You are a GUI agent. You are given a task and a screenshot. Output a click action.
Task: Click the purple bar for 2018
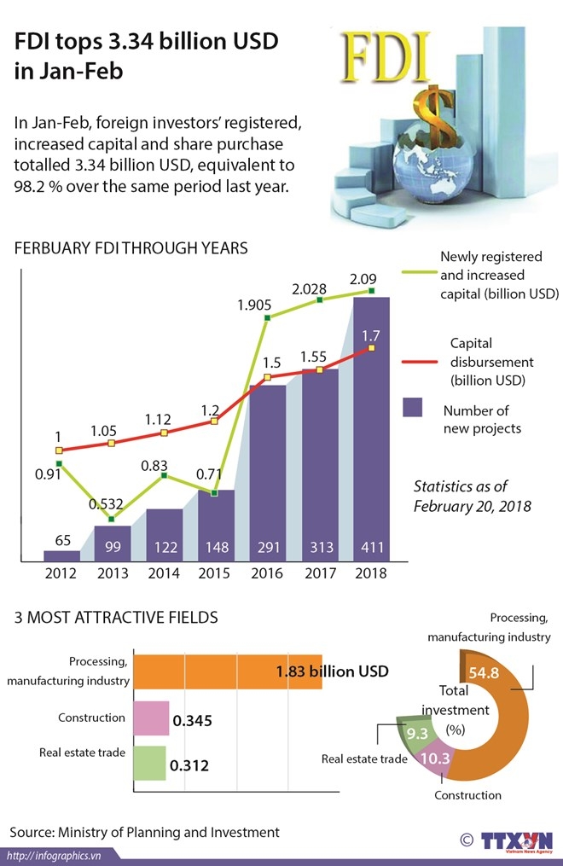(371, 427)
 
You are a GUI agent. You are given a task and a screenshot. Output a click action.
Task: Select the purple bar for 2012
(61, 555)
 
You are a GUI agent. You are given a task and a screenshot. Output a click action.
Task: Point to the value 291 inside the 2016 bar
(267, 548)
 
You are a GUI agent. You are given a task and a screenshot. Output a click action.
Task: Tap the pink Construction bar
(151, 718)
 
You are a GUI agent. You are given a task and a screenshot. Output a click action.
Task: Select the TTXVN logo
(517, 840)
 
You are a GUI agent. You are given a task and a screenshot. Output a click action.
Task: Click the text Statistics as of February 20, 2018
(473, 496)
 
